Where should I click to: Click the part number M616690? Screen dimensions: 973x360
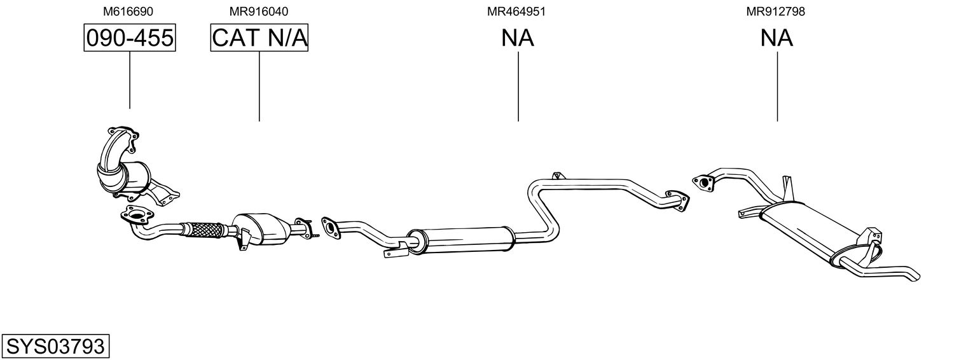click(128, 11)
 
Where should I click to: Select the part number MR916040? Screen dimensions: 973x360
click(258, 11)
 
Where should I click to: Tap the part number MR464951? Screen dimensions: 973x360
click(516, 11)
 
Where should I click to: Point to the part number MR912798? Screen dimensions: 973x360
click(775, 11)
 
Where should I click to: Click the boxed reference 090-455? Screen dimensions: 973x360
click(130, 38)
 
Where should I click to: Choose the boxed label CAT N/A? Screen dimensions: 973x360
click(259, 38)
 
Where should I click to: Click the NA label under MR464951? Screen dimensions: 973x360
click(517, 38)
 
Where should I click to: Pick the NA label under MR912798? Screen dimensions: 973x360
click(776, 38)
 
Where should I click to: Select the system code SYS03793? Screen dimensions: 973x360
click(55, 347)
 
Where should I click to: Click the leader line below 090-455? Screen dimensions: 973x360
click(130, 80)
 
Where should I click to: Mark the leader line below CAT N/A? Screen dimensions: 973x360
click(259, 87)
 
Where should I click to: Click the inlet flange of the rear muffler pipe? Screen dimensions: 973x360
click(704, 183)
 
